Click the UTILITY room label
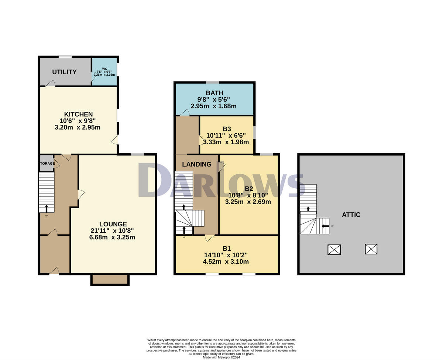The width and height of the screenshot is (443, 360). coord(64,72)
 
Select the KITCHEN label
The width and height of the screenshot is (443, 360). coord(78,114)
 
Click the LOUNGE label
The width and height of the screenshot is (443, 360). coord(113,224)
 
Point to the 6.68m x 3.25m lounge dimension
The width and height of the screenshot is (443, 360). coord(112,237)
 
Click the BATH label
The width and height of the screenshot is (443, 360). coord(214,93)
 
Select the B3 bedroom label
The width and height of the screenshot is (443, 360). coord(227,129)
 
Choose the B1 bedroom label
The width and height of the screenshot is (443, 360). coord(227,248)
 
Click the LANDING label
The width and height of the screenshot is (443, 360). coord(197,164)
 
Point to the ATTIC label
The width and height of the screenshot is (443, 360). coord(351,215)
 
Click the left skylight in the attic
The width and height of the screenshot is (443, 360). coord(334,250)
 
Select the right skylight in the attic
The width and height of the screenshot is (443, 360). coord(371,249)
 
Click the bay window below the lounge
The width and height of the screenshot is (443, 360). coord(110,280)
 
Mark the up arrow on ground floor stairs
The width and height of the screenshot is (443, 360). coord(47,209)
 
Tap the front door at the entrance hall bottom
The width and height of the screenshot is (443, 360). coord(54,272)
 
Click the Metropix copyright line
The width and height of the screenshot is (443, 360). coord(221,357)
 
